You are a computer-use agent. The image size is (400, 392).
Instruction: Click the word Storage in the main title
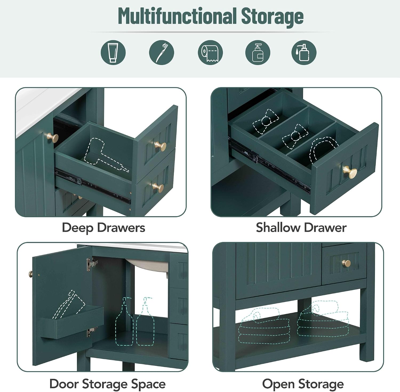[273, 17]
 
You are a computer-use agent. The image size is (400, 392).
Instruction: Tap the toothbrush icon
[161, 52]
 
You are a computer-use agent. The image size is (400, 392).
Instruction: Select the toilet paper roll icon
[210, 52]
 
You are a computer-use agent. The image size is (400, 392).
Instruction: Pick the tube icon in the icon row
[113, 52]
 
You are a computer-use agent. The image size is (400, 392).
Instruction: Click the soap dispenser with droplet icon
[304, 52]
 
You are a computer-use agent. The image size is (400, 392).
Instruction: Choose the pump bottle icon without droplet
[258, 52]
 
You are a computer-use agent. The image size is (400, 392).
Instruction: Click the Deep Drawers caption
[103, 228]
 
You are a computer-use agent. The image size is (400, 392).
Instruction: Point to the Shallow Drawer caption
[301, 228]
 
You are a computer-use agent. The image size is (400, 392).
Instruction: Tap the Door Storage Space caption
[107, 384]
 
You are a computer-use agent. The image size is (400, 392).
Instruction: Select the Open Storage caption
[303, 384]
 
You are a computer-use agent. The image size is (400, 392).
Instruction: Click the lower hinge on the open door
[91, 332]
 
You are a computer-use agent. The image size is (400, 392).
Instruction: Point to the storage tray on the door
[72, 322]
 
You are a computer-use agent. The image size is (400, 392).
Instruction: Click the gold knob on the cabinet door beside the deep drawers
[52, 138]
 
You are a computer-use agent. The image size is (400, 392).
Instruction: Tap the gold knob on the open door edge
[31, 274]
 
